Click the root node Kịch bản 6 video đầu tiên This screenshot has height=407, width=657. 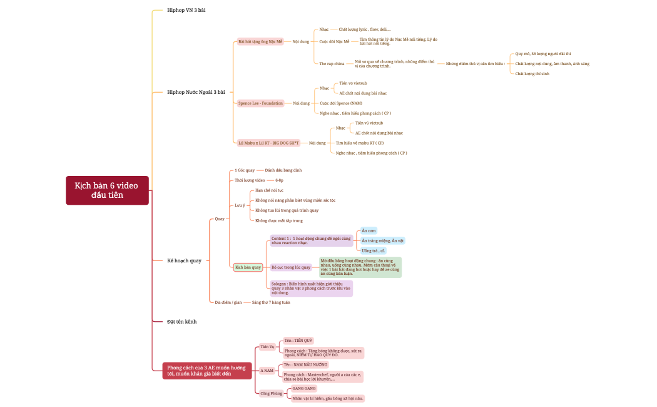(107, 190)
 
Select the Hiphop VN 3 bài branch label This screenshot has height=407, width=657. (186, 11)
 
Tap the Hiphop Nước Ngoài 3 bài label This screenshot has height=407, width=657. (196, 92)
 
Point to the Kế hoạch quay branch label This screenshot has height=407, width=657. (184, 260)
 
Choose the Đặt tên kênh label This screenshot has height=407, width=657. (181, 321)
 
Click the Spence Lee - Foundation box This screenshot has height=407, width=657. (260, 103)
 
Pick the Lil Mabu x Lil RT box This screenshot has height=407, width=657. (268, 143)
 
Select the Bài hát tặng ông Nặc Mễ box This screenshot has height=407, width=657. (260, 41)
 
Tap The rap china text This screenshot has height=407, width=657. (332, 63)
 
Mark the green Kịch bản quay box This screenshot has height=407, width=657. (248, 267)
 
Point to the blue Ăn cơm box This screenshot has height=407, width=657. (369, 230)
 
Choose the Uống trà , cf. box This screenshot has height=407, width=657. (374, 250)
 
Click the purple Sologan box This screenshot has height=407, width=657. (311, 288)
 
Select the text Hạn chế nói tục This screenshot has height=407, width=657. (270, 190)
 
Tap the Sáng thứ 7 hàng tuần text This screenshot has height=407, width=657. (271, 302)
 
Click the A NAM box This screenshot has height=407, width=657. (267, 370)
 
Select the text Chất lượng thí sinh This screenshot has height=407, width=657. (532, 73)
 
